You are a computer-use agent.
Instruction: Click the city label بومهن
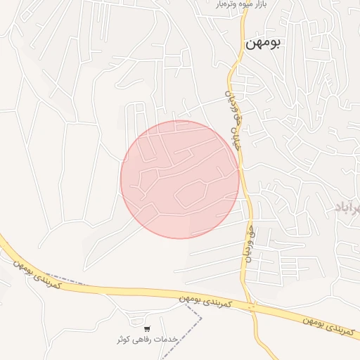point(263,44)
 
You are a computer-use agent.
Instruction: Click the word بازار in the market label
point(261,5)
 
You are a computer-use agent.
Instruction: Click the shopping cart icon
point(146,328)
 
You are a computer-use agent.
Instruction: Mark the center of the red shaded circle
point(179,179)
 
